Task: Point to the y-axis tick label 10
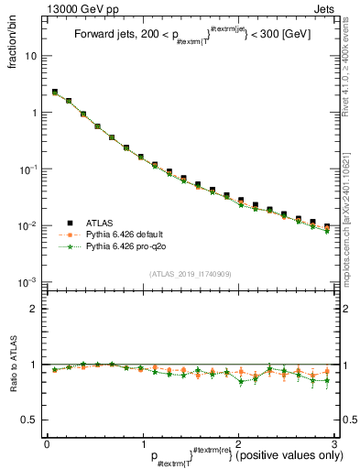pyautogui.click(x=31, y=56)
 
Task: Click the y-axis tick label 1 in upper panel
pyautogui.click(x=34, y=113)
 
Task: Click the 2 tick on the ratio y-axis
pyautogui.click(x=34, y=310)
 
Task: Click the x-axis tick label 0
pyautogui.click(x=47, y=443)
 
